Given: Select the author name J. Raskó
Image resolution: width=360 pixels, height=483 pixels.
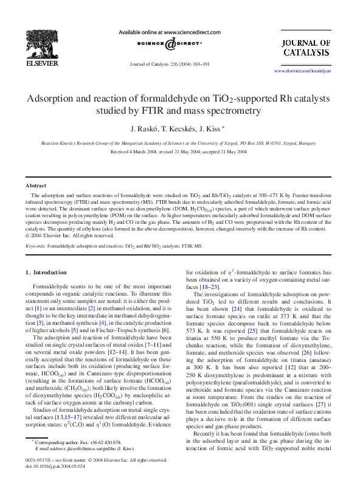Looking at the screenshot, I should [144, 129].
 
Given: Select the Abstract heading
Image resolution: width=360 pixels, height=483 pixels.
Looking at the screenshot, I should [36, 185].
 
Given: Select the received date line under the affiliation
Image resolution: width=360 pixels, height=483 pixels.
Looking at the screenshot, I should [179, 151].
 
